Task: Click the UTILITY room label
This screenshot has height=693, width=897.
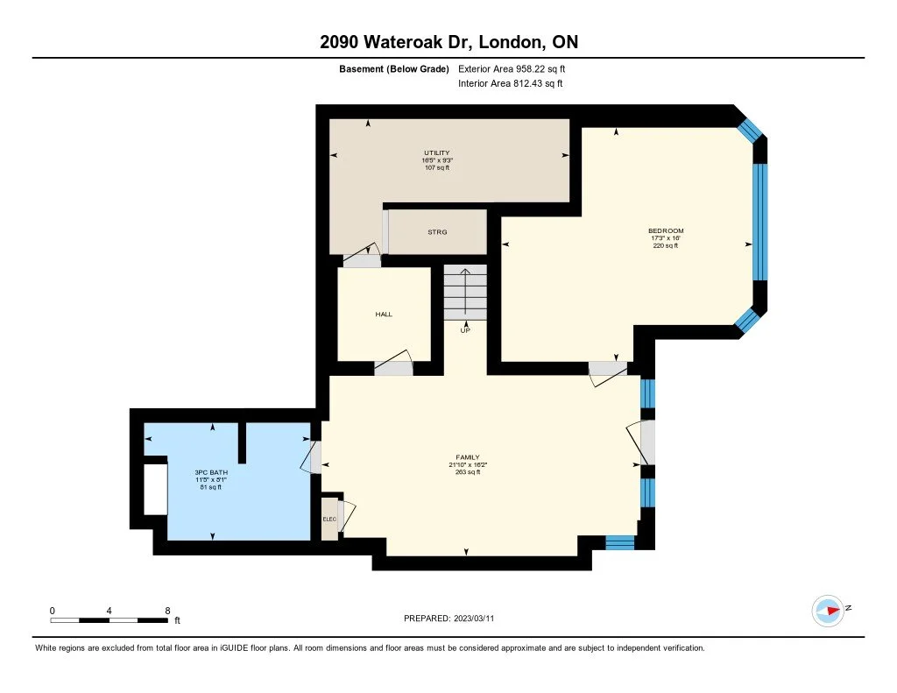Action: tap(436, 152)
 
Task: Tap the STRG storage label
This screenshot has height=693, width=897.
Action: tap(438, 232)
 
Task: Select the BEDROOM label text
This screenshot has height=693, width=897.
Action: tap(666, 230)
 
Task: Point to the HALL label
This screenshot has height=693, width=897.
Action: tap(384, 315)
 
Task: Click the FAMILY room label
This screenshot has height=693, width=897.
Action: tap(468, 457)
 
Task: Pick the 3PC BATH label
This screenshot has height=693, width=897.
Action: tap(211, 473)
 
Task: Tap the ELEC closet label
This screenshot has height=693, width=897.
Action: tap(329, 520)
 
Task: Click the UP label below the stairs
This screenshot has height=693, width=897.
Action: tap(465, 330)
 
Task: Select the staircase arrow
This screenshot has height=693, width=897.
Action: tap(466, 291)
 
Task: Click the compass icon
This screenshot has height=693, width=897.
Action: tap(828, 611)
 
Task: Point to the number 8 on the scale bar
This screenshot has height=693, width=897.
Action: tap(167, 611)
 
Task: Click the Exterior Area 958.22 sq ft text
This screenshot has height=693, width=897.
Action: tap(512, 68)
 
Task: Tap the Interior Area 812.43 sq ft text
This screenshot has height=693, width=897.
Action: tap(511, 83)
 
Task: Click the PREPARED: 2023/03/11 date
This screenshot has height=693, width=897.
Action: tap(449, 618)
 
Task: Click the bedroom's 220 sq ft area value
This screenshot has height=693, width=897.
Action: tap(666, 245)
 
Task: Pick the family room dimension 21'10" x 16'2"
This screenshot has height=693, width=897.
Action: tap(468, 464)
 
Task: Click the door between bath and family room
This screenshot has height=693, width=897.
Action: tap(312, 456)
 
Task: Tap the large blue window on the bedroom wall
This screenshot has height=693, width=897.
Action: tap(759, 222)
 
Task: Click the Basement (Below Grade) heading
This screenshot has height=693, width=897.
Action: tap(394, 69)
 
